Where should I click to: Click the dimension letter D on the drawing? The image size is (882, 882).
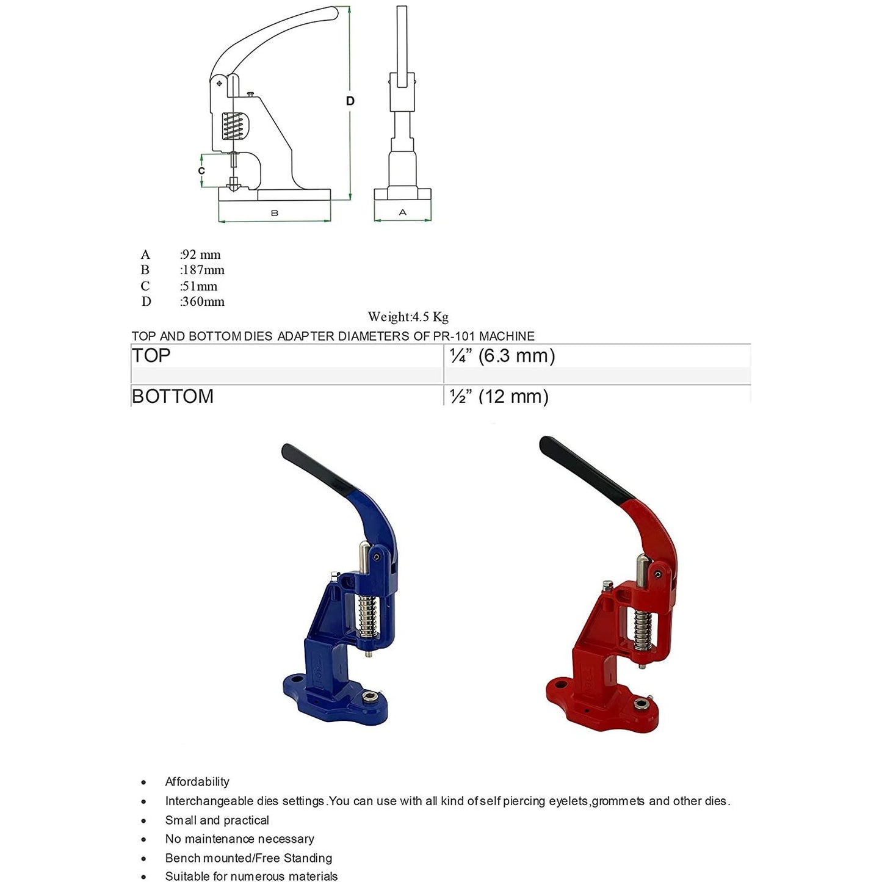point(350,101)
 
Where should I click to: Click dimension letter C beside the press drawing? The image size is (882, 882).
point(201,171)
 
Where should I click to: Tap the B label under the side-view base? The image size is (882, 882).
point(275,213)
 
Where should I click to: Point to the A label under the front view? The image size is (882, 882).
point(402,212)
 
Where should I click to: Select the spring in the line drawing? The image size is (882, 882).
point(233,126)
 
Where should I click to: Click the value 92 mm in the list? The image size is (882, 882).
point(201,255)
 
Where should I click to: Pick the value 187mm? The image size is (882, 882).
point(203,270)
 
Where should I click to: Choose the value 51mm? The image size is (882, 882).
point(199,286)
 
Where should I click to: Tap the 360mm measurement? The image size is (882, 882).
point(203,302)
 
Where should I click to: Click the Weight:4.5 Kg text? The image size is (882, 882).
point(408,317)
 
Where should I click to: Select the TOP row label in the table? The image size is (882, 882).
point(151,355)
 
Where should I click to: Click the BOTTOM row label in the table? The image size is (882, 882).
point(173,396)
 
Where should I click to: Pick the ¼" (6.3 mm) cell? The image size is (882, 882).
point(502,355)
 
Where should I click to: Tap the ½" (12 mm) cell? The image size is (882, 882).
point(499,396)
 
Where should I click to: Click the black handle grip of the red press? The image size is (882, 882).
point(584,471)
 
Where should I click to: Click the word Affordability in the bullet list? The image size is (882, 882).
point(197,782)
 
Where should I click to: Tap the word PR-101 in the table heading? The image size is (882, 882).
point(454,336)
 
